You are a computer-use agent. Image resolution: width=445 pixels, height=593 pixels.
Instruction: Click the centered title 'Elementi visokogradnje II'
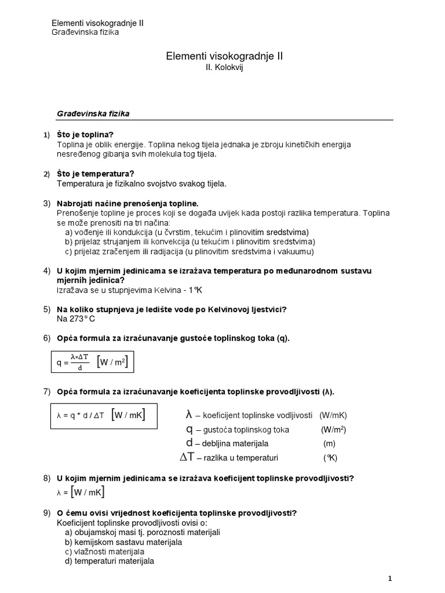(x=225, y=56)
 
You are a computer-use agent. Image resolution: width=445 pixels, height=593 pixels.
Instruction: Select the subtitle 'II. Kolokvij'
(x=225, y=68)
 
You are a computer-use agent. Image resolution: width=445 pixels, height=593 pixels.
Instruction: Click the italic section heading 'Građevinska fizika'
(x=93, y=114)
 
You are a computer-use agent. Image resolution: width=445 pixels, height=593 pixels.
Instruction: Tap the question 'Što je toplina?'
(x=85, y=135)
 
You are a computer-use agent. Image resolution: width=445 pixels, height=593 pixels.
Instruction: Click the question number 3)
(x=48, y=204)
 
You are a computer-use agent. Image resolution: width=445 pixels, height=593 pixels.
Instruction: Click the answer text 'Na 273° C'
(x=75, y=319)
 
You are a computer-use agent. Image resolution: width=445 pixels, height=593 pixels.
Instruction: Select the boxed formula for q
(x=92, y=363)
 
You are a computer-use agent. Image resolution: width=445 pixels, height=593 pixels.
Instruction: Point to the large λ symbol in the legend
(x=188, y=415)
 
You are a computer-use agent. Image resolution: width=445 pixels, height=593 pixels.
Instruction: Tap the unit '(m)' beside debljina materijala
(x=329, y=444)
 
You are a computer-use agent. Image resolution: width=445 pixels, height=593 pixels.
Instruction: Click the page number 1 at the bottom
(x=389, y=578)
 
